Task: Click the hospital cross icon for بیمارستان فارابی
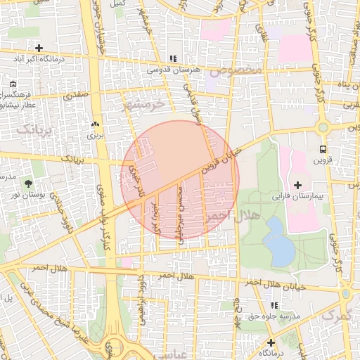point(297,184)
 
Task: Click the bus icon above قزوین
point(322,149)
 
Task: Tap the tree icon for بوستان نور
point(28,184)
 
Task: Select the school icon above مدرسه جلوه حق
point(274,306)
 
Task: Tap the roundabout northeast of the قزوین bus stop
point(323,128)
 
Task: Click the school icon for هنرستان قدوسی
point(172,59)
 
